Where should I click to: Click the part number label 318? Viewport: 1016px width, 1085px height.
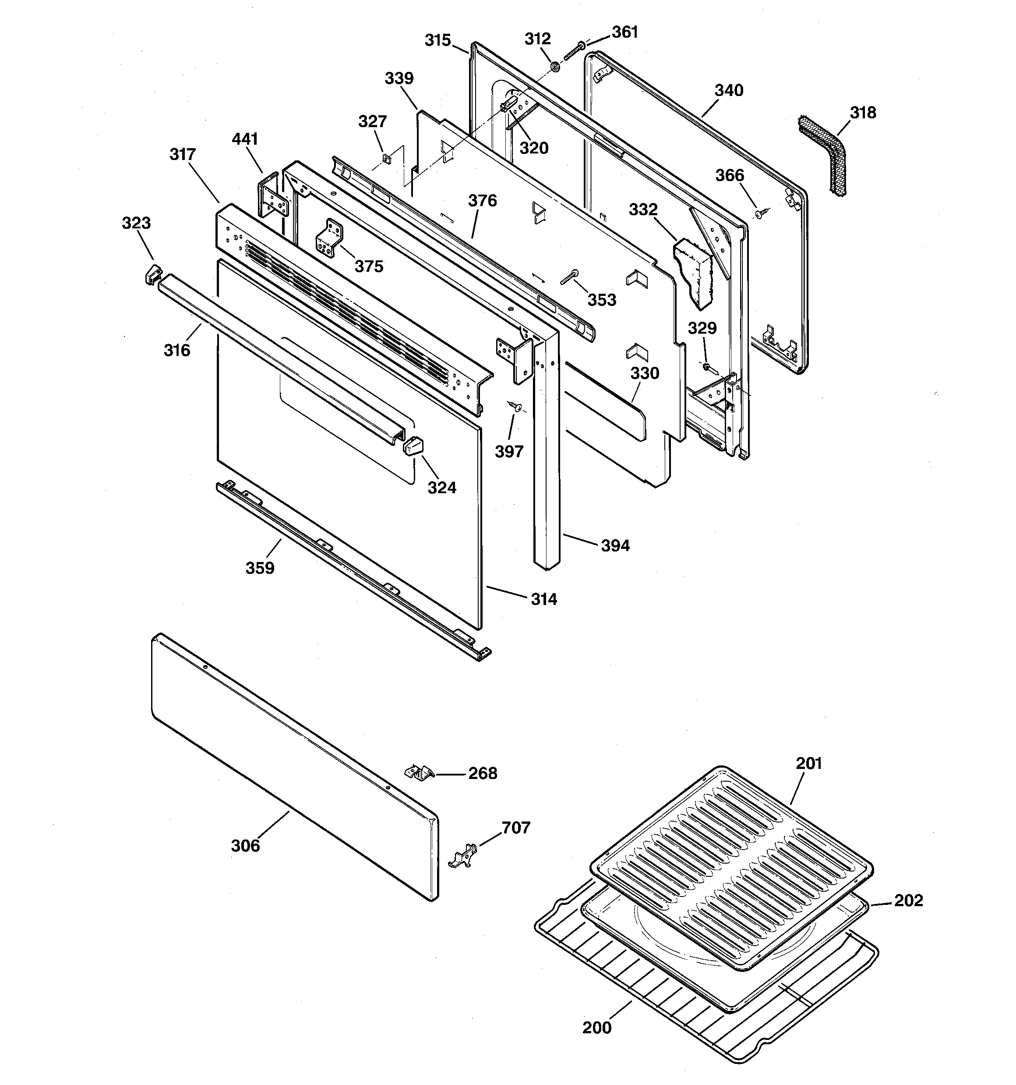point(863,113)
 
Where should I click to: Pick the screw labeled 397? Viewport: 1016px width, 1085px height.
point(515,406)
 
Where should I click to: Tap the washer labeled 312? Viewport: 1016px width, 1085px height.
point(554,67)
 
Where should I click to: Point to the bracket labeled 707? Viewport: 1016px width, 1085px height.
point(462,855)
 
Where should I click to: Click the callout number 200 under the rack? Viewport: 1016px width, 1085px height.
point(596,1028)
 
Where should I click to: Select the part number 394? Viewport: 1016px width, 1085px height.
point(615,545)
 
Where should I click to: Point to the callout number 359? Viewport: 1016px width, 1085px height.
point(260,568)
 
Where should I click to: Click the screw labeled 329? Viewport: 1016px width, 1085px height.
point(707,368)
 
